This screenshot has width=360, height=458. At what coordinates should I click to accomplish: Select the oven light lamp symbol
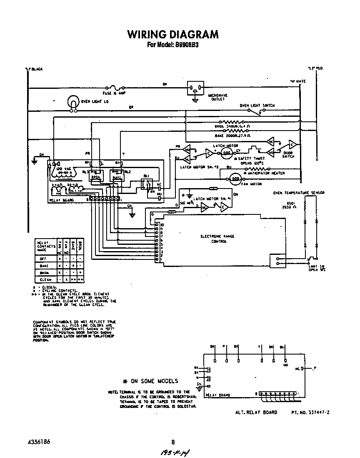pyautogui.click(x=73, y=103)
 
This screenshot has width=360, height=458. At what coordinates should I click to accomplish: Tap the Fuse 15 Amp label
pyautogui.click(x=114, y=93)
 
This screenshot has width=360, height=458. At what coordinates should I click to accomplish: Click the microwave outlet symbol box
pyautogui.click(x=195, y=88)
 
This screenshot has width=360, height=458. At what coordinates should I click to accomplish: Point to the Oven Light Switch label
pyautogui.click(x=257, y=106)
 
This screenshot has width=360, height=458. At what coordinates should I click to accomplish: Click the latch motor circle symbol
pyautogui.click(x=227, y=153)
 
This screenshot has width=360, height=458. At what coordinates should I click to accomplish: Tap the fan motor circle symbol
pyautogui.click(x=234, y=179)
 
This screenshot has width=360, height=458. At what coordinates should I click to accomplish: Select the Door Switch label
pyautogui.click(x=287, y=154)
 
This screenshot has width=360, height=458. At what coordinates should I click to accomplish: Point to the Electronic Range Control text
pyautogui.click(x=217, y=239)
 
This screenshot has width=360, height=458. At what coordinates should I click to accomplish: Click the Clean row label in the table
pyautogui.click(x=45, y=279)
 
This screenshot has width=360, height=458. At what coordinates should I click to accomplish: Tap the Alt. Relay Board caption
pyautogui.click(x=256, y=412)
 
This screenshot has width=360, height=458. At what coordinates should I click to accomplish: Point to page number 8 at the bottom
pyautogui.click(x=173, y=443)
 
